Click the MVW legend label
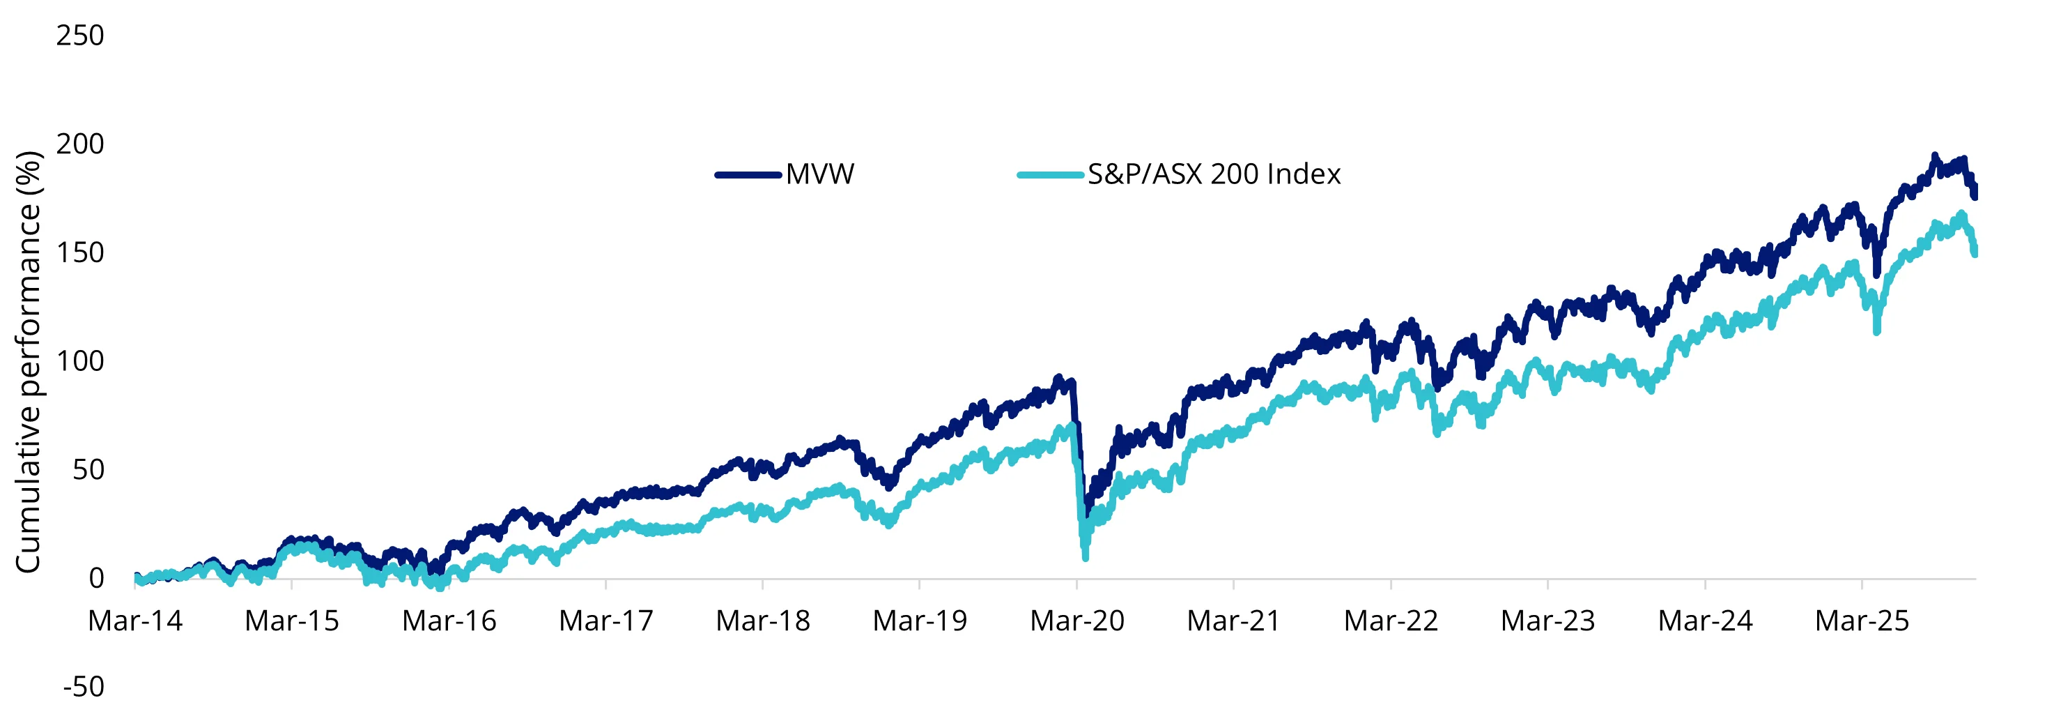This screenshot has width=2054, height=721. (819, 174)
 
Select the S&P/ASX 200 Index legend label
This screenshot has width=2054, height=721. (1214, 174)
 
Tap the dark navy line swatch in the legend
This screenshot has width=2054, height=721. (748, 174)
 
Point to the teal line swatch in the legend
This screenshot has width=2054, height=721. (1050, 174)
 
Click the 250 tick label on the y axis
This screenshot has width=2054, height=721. (79, 36)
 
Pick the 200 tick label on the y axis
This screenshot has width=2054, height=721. (79, 144)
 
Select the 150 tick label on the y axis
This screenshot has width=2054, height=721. (79, 253)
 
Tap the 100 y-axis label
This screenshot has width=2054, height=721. (79, 361)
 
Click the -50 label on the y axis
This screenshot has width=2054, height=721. (84, 687)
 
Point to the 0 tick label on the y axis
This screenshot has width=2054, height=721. (96, 578)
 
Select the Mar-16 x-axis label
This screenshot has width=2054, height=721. (449, 621)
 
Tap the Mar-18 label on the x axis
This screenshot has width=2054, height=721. (762, 621)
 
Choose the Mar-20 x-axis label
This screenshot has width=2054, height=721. (1076, 621)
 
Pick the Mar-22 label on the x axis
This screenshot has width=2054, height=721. (1391, 621)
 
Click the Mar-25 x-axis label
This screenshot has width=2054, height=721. (1862, 621)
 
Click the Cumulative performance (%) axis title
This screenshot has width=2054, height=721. (29, 361)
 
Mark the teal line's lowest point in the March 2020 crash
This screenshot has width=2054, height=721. (1086, 558)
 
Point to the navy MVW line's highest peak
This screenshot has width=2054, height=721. (1933, 155)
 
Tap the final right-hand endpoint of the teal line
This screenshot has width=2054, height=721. (1975, 254)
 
